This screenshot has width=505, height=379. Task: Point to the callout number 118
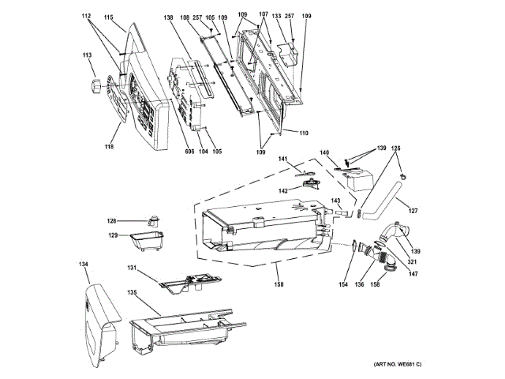click(109, 146)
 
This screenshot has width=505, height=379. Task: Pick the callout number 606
click(168, 152)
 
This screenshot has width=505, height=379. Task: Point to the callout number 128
click(112, 221)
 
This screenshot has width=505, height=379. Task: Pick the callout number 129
click(112, 235)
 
